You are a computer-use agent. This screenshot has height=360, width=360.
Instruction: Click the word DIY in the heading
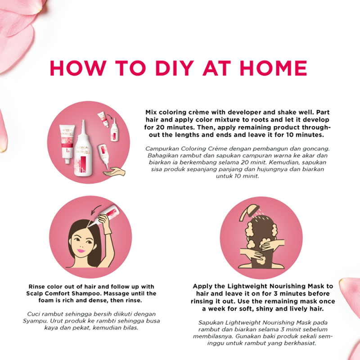coord(175,68)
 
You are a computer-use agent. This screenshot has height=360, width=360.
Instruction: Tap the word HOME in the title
coord(273,68)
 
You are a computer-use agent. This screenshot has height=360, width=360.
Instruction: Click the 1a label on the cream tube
coord(67,151)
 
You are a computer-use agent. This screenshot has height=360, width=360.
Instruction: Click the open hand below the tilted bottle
coord(114,171)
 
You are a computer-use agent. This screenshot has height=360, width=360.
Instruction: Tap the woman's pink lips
coord(81,250)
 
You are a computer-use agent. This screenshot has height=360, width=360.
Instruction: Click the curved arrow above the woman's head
coord(95,209)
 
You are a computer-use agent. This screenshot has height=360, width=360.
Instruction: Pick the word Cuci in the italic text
coord(33,314)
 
